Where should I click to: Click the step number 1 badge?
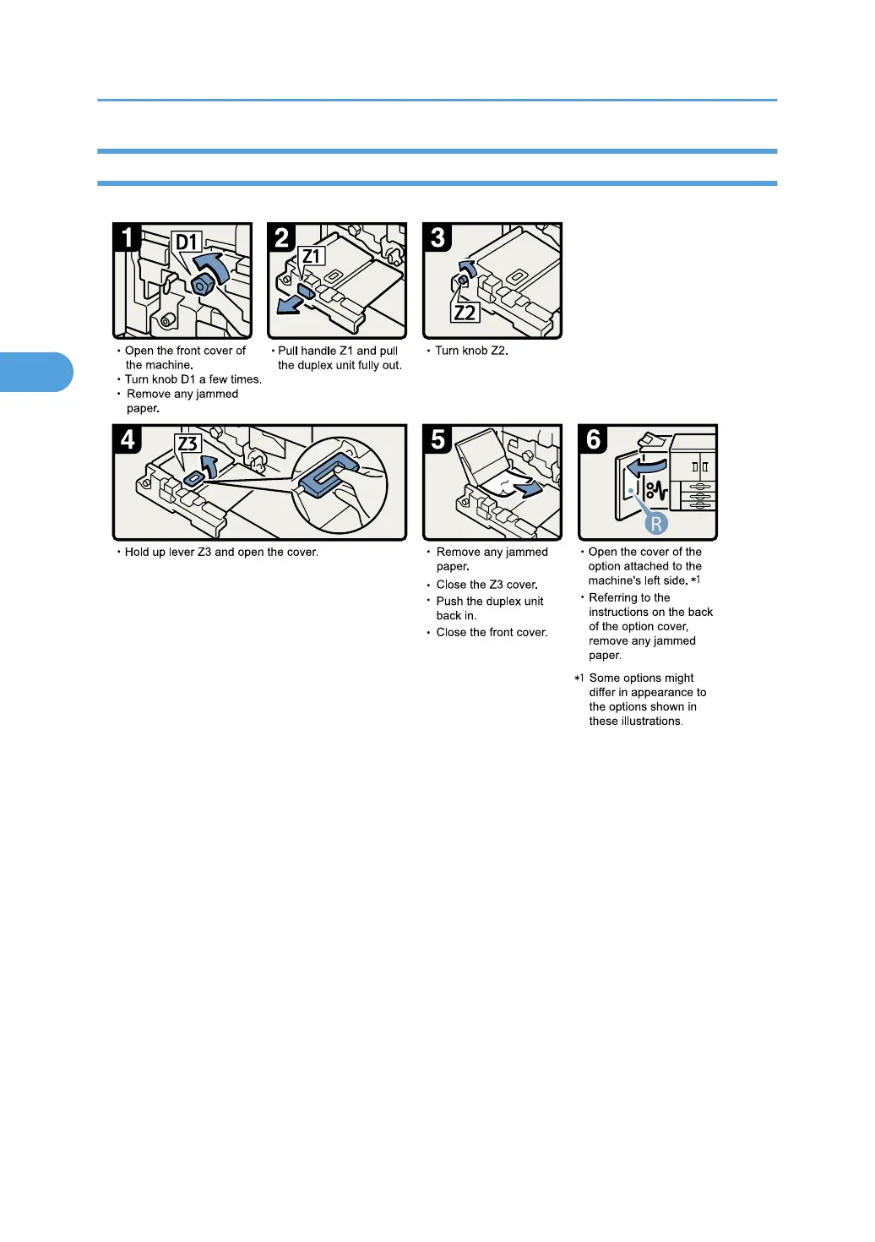coord(128,237)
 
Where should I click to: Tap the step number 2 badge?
coord(282,237)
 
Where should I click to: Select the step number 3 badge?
coord(437,237)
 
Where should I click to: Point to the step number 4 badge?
coord(128,439)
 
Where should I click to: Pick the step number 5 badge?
coord(437,439)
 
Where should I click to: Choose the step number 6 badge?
coord(593,439)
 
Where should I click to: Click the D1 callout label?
coord(187,242)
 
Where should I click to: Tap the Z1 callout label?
coord(312,256)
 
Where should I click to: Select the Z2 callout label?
coord(465,313)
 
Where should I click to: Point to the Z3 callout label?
coord(187,444)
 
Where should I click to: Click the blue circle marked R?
coord(656,524)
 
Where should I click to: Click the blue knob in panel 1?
coord(203,284)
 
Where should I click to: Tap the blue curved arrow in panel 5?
coord(528,488)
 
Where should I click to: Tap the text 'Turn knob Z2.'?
coord(471,351)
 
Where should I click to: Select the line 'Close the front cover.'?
coord(492,633)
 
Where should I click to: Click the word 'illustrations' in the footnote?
coord(647,722)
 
